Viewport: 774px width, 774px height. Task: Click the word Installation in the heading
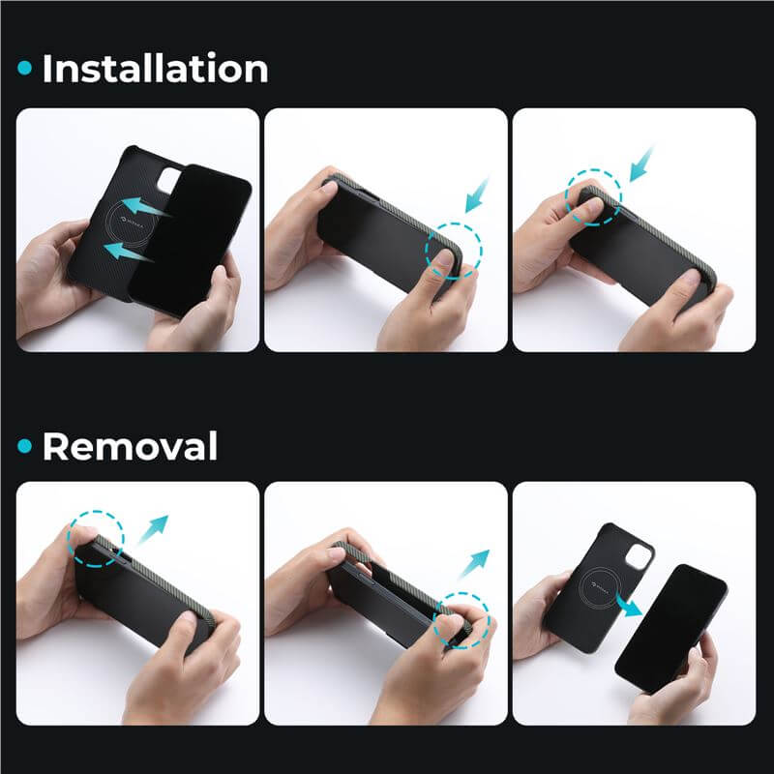tap(156, 68)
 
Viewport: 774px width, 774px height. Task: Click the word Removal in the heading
tap(130, 446)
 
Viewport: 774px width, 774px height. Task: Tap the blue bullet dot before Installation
tap(25, 68)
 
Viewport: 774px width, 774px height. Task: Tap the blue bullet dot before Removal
tap(25, 446)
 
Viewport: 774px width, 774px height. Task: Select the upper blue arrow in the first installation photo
tap(145, 206)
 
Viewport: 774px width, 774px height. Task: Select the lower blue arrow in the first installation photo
tap(129, 252)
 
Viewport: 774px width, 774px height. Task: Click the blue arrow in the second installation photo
tap(476, 195)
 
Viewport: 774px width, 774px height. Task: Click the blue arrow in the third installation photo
tap(641, 164)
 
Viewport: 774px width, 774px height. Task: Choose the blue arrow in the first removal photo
tap(153, 529)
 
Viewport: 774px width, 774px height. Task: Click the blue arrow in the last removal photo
tap(628, 605)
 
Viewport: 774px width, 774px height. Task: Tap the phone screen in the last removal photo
tap(670, 629)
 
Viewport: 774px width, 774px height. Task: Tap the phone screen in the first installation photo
tap(191, 239)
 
